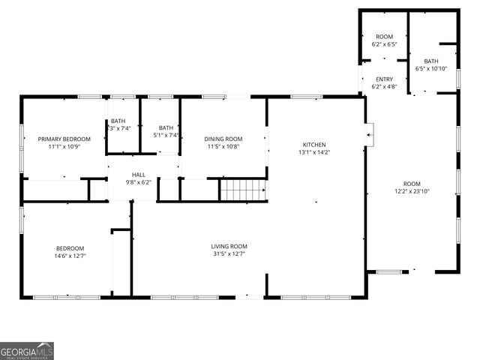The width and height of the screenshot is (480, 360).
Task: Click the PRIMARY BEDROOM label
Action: (64, 139)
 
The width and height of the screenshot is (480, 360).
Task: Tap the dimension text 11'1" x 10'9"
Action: (64, 147)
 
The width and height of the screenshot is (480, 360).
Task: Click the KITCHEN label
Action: (314, 144)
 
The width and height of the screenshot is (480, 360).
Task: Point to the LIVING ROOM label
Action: (229, 246)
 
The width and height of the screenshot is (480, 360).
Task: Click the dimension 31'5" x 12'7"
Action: (229, 254)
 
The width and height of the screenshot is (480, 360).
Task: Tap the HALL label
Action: (138, 174)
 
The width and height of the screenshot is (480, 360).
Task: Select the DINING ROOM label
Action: (223, 139)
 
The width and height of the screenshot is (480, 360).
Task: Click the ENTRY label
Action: (384, 79)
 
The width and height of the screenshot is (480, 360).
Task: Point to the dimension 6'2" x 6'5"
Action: (384, 45)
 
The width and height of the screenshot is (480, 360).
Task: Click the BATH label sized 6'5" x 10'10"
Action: (431, 61)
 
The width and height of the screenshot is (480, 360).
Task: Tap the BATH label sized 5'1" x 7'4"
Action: (166, 127)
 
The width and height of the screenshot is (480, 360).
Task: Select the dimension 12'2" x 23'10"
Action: (412, 191)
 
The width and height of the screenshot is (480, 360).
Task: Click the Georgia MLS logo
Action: (27, 351)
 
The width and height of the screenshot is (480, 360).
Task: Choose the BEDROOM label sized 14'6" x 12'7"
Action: (70, 248)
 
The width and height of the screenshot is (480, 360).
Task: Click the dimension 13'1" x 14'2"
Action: (314, 152)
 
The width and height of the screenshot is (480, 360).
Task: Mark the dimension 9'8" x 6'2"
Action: (138, 182)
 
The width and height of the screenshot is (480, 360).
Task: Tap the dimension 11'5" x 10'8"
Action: (223, 147)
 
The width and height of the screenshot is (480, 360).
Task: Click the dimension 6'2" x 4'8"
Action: (384, 88)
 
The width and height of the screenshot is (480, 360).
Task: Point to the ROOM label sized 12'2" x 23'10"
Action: (412, 184)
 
